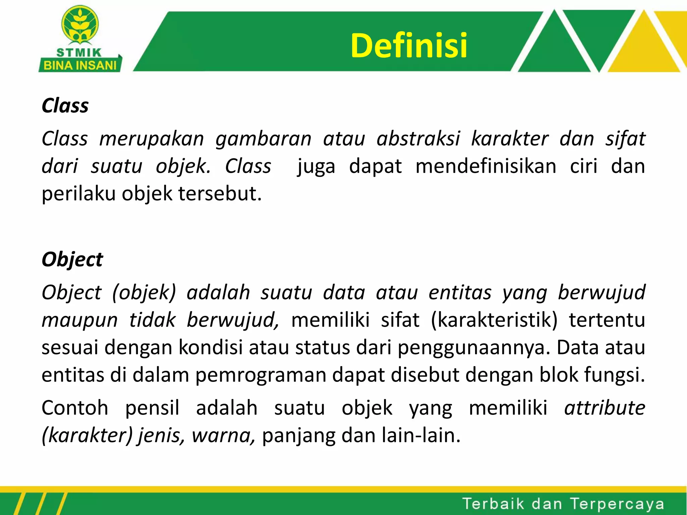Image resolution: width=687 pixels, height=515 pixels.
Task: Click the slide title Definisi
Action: point(409,46)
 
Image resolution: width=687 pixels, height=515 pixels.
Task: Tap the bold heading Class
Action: point(65,106)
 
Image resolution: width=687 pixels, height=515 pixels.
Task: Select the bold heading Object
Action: point(72,260)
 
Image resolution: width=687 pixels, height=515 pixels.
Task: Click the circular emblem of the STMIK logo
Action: point(80,25)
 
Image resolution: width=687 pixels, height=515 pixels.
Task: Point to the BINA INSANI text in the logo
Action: point(80,65)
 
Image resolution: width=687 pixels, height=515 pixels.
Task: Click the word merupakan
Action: point(152,139)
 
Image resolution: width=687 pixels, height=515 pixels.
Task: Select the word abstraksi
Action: point(418,139)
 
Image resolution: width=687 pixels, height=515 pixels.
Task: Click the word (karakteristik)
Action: point(494,320)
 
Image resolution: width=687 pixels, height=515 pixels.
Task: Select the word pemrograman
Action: point(261,375)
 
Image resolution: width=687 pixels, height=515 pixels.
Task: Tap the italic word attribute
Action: point(604,408)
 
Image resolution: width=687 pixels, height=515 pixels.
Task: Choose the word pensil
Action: point(152,408)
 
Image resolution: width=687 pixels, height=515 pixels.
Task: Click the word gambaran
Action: point(263,139)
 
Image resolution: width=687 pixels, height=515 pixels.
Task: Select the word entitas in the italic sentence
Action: point(460,292)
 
